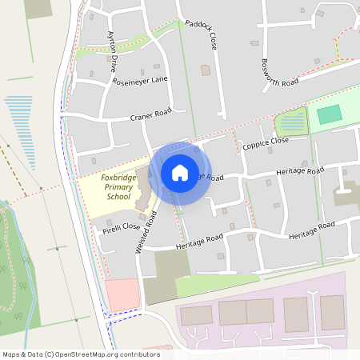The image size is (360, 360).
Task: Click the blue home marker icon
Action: (180, 172)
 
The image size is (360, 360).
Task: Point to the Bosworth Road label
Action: (279, 63)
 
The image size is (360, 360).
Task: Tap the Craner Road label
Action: (152, 114)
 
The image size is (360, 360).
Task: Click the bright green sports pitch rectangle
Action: (329, 114)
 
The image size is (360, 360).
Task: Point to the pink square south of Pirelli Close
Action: (122, 294)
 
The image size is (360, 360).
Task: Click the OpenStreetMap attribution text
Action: (81, 354)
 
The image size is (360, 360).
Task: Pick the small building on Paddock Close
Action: (206, 70)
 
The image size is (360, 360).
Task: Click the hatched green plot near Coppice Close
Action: (291, 122)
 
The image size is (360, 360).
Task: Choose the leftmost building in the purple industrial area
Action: (196, 315)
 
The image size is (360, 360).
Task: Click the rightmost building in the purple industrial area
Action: (333, 312)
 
